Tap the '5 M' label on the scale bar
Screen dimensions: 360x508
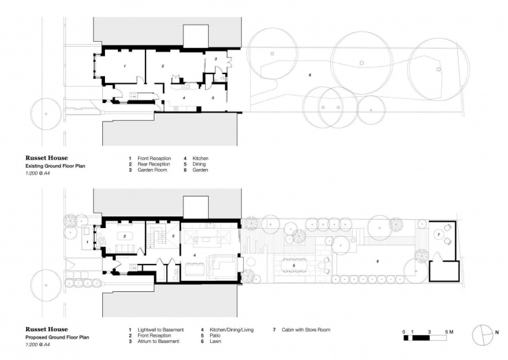click(451, 331)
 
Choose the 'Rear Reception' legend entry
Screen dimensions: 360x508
click(152, 164)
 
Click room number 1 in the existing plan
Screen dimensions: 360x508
click(124, 66)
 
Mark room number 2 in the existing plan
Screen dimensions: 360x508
click(163, 66)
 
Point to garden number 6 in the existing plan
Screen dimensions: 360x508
click(310, 74)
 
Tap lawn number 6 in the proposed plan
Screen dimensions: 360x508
click(377, 261)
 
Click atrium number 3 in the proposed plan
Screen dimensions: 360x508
click(174, 236)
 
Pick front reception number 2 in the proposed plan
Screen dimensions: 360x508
click(125, 235)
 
